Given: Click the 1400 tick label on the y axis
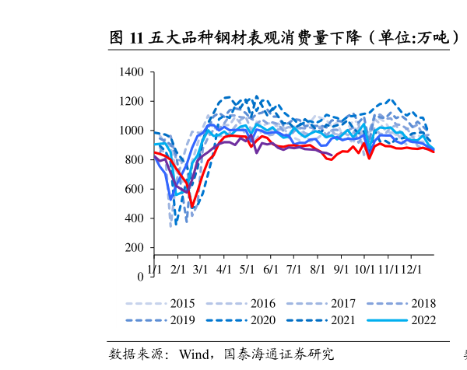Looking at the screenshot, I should point(132,72).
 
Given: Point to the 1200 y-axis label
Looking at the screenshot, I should point(132,102).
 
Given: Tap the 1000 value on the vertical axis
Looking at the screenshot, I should point(132,131).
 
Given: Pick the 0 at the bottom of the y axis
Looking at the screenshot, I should point(140,277).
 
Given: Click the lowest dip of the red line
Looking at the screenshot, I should point(192,207).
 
